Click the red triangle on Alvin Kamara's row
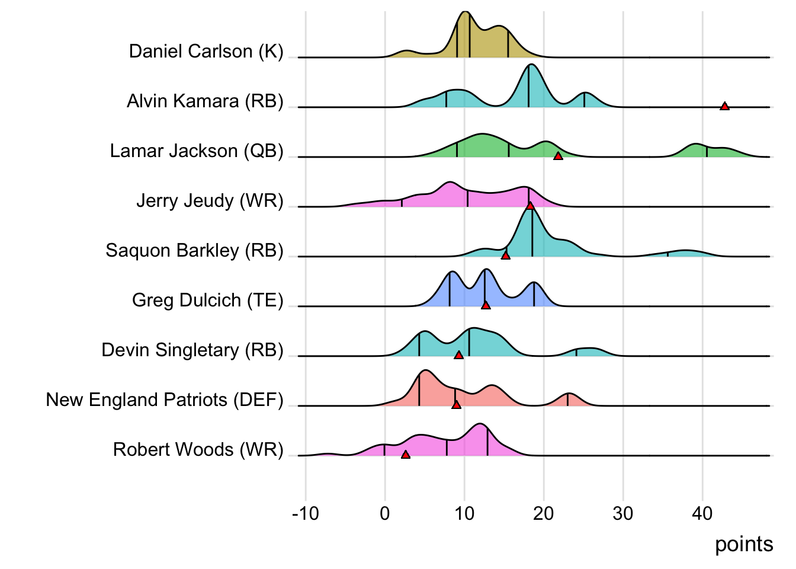[724, 106]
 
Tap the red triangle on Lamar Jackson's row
[558, 156]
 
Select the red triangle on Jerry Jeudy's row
[530, 206]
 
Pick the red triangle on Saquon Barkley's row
[505, 255]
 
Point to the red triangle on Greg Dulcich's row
[486, 305]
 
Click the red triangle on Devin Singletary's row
[458, 355]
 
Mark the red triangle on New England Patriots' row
[456, 405]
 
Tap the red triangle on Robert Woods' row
[405, 455]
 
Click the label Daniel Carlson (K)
[206, 52]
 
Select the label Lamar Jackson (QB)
[197, 151]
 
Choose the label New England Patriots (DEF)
[165, 400]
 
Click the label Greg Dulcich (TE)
[208, 301]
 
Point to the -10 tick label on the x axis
[306, 513]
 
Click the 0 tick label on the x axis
[385, 513]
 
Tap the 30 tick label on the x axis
[623, 513]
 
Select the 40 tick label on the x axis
[702, 513]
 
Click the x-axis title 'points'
[744, 544]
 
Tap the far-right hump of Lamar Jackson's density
[696, 145]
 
